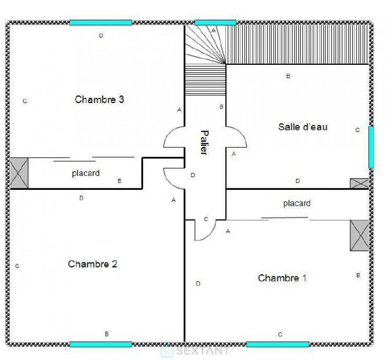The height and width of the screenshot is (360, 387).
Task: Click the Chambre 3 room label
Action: [99, 99]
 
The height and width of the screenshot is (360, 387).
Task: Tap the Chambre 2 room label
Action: [92, 264]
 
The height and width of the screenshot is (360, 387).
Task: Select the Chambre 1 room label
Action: [282, 278]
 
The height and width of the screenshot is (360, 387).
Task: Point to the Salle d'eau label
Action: [303, 127]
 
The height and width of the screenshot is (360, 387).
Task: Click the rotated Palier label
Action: [204, 142]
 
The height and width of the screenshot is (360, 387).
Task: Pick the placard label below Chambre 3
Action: [86, 173]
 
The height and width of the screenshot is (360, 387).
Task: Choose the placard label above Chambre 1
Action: [297, 203]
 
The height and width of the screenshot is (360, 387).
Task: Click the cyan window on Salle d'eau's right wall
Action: [371, 147]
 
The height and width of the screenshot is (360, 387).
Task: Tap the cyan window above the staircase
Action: [216, 23]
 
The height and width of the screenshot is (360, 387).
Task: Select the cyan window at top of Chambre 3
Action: [101, 23]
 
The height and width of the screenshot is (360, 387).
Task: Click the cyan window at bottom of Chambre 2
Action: [101, 344]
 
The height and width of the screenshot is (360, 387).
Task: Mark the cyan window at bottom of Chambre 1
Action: [278, 344]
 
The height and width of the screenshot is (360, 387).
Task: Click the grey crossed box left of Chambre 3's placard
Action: [19, 173]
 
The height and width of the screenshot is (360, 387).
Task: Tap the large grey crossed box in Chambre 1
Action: [359, 235]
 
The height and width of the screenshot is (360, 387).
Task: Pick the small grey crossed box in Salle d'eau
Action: [359, 183]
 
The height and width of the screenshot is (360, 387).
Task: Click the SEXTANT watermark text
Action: [202, 351]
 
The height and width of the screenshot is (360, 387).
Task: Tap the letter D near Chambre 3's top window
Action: [101, 36]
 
